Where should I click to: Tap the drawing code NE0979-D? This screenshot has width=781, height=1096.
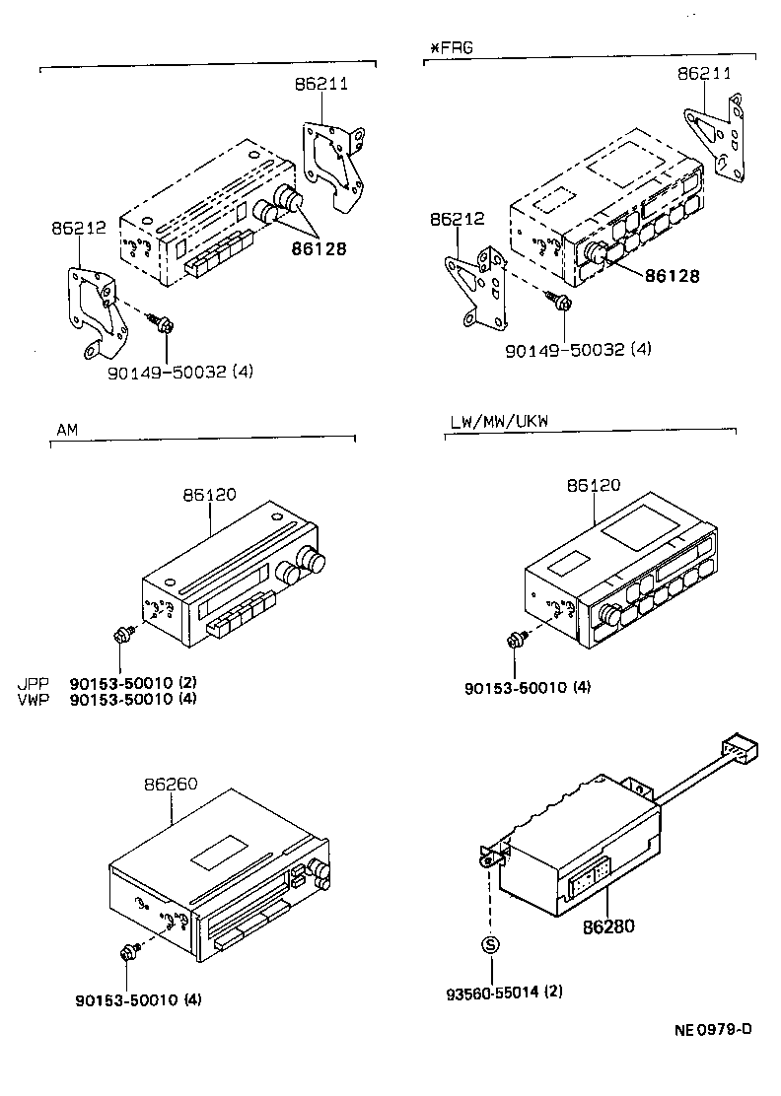[713, 1030]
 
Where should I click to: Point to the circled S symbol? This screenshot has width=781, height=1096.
[490, 946]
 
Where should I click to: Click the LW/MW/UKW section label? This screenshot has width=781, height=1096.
[499, 421]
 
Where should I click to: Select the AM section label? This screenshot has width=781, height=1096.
[67, 431]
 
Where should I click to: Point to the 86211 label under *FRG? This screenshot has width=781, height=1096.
[704, 74]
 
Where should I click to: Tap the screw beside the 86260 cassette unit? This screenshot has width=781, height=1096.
[128, 953]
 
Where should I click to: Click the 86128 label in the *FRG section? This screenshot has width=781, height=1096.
[673, 276]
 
